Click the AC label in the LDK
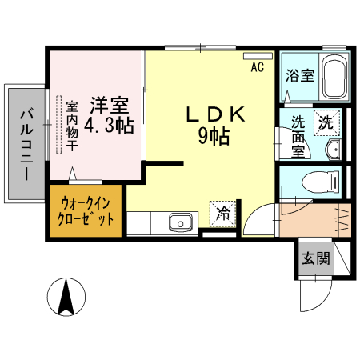(257, 67)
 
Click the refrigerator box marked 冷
(223, 214)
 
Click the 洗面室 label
(298, 136)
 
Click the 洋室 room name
(108, 105)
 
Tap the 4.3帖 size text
(108, 126)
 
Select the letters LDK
(214, 114)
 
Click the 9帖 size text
(214, 137)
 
